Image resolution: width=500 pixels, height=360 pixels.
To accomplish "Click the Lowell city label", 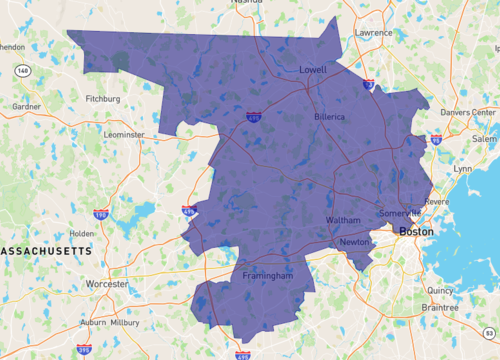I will coord(313,70).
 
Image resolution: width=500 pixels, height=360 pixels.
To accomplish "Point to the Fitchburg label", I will coord(103,99).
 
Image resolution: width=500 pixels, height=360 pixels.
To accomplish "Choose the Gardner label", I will coord(26,106).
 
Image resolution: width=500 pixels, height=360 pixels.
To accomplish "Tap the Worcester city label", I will coord(107,284).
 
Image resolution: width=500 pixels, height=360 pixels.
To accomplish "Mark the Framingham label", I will coord(267,275).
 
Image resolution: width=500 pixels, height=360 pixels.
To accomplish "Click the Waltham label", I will coord(343,220).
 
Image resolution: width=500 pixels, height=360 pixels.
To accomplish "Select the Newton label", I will coord(354,242).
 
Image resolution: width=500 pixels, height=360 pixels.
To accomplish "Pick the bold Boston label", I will coord(418,231).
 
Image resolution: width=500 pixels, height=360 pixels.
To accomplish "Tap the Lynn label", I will coord(463,169).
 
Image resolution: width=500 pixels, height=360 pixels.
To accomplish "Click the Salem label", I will coord(484,139).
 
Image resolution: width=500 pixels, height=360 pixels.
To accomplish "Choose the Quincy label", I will coord(440,291).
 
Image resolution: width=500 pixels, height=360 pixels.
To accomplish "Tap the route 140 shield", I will coord(22,71).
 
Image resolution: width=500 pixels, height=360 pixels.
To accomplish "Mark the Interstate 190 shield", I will coord(100,214).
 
